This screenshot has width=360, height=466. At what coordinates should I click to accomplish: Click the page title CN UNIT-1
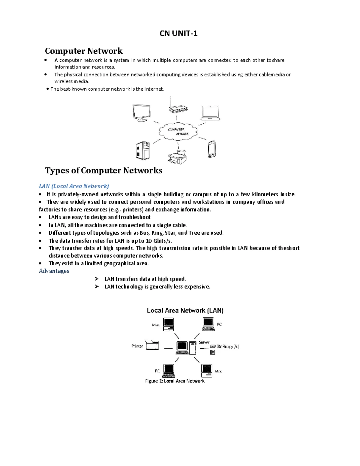click(178, 33)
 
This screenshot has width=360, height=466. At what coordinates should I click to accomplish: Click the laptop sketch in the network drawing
click(211, 113)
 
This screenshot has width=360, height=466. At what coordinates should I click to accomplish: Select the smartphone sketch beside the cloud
click(211, 149)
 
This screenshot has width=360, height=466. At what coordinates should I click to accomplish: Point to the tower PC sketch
click(142, 151)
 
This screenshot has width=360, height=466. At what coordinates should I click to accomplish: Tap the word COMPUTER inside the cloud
click(176, 129)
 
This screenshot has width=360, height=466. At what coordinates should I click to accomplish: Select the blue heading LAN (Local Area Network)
click(74, 186)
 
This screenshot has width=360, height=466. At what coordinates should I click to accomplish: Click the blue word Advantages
click(54, 271)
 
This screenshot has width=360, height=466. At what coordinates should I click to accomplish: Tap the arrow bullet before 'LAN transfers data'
click(97, 279)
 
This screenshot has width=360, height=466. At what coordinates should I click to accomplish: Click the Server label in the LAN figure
click(204, 342)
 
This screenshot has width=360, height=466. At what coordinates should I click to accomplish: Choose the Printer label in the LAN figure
click(137, 346)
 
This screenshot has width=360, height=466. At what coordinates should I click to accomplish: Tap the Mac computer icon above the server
click(169, 324)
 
